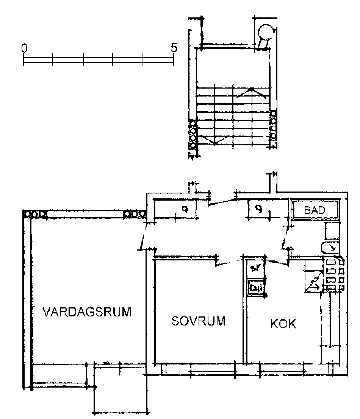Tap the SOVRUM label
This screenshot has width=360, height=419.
point(199,321)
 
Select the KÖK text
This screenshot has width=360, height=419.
point(283,324)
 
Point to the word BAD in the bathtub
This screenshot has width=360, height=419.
point(315,210)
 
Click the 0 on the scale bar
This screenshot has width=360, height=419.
point(24,48)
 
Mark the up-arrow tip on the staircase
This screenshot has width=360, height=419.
point(251,89)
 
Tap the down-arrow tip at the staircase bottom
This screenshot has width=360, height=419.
point(214,144)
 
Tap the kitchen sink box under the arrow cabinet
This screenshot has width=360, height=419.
point(257,287)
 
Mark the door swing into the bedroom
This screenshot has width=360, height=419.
point(227,262)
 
